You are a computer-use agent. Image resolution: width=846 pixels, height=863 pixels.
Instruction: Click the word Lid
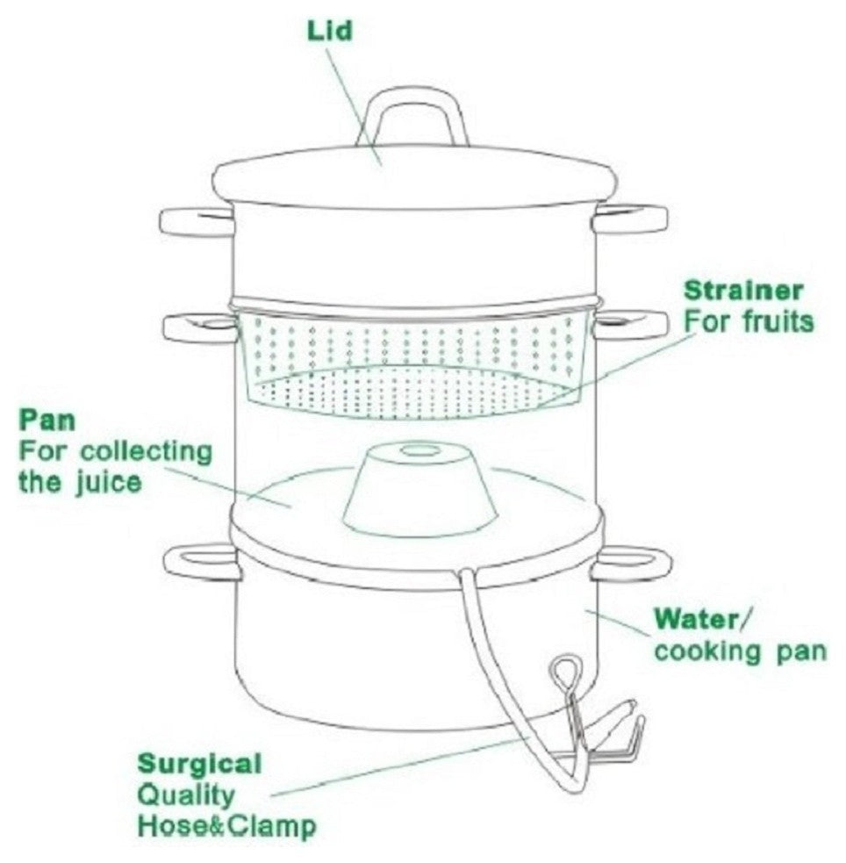pyautogui.click(x=329, y=31)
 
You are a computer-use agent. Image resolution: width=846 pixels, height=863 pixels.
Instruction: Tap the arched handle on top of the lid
pyautogui.click(x=412, y=117)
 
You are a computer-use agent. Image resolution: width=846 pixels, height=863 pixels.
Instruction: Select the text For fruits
pyautogui.click(x=749, y=321)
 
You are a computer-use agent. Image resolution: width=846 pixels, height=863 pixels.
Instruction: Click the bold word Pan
pyautogui.click(x=47, y=421)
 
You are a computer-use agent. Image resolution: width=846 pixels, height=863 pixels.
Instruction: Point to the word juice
pyautogui.click(x=108, y=484)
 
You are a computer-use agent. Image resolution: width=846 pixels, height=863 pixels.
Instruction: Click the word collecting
pyautogui.click(x=147, y=452)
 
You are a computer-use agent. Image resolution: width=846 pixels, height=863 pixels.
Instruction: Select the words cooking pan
pyautogui.click(x=741, y=651)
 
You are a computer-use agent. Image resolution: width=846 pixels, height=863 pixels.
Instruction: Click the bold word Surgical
pyautogui.click(x=200, y=765)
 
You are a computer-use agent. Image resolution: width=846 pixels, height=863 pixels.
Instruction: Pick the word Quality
pyautogui.click(x=186, y=795)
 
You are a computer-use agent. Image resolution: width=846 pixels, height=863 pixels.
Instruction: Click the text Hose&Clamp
pyautogui.click(x=227, y=826)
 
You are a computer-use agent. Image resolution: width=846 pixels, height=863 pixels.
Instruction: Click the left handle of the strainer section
pyautogui.click(x=200, y=328)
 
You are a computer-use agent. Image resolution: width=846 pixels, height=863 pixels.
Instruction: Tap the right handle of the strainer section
pyautogui.click(x=630, y=325)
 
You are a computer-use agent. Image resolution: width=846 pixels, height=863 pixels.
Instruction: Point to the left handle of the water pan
pyautogui.click(x=203, y=561)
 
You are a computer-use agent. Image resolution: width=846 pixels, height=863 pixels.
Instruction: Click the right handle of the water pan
pyautogui.click(x=631, y=565)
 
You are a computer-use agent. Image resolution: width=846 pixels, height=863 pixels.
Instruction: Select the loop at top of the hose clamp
pyautogui.click(x=566, y=673)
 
